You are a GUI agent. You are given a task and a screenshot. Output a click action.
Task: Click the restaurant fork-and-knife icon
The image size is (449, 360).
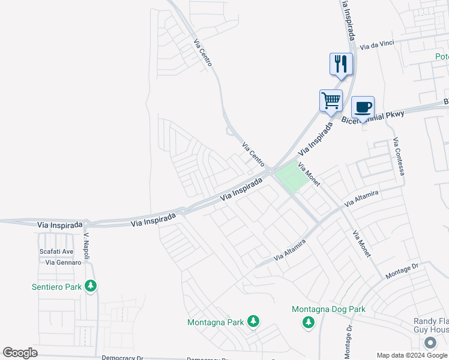tap(341, 64)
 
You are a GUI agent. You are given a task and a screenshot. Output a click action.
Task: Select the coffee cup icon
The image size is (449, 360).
tap(363, 107)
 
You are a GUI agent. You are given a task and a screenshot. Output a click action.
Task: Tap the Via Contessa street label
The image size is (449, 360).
tap(399, 157)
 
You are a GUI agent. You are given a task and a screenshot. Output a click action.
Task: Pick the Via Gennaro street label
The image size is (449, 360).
tap(63, 263)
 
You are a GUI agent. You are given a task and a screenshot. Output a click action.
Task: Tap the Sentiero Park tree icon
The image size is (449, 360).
tap(91, 286)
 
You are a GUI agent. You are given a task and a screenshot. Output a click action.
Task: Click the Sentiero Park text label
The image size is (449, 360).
tap(56, 287)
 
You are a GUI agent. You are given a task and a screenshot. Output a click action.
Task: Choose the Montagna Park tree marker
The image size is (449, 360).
tap(253, 322)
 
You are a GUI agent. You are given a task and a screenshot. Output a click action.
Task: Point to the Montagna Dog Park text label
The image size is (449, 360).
tap(328, 310)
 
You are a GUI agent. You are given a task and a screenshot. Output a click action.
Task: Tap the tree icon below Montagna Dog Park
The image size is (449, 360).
tap(309, 323)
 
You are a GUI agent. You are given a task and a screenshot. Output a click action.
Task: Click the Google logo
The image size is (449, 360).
tap(20, 352)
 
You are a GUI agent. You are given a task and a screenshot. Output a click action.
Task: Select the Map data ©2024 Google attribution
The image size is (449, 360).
tap(411, 355)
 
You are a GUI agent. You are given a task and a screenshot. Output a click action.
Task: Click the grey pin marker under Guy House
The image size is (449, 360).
tap(430, 343)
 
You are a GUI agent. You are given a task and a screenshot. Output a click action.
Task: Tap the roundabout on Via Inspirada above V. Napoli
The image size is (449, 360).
tap(86, 223)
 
